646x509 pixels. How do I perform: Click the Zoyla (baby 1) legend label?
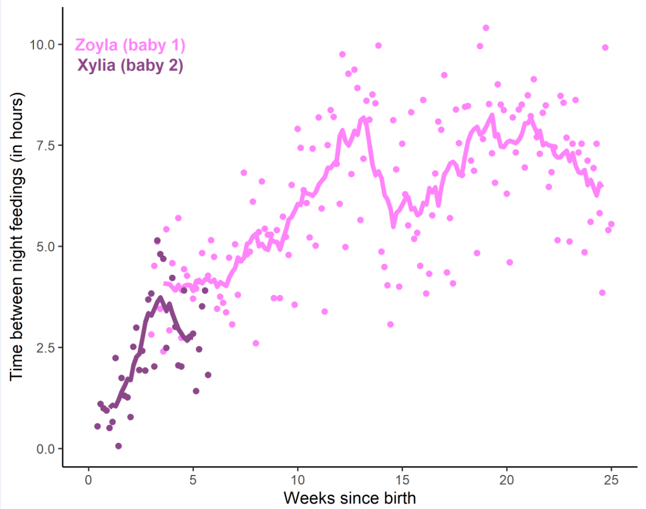131,46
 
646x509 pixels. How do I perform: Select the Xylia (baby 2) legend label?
130,66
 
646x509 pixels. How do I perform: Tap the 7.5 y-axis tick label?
45,145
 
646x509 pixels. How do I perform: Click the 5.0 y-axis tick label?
45,246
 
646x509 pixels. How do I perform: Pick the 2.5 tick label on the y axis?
45,348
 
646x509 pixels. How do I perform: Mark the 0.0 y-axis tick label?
45,448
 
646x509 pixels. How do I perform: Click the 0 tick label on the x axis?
89,481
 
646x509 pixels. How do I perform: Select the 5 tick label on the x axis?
193,481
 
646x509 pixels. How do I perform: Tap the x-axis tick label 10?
298,481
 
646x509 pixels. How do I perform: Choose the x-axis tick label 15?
402,481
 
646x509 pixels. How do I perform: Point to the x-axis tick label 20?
507,481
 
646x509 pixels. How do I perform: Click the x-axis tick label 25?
611,481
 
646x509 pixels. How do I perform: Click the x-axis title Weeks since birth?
349,497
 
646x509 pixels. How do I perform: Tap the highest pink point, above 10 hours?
486,28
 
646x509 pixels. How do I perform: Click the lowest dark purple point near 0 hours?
118,446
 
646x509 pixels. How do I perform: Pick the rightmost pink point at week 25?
611,224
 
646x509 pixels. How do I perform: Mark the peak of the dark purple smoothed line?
160,297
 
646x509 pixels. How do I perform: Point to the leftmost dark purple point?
97,427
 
